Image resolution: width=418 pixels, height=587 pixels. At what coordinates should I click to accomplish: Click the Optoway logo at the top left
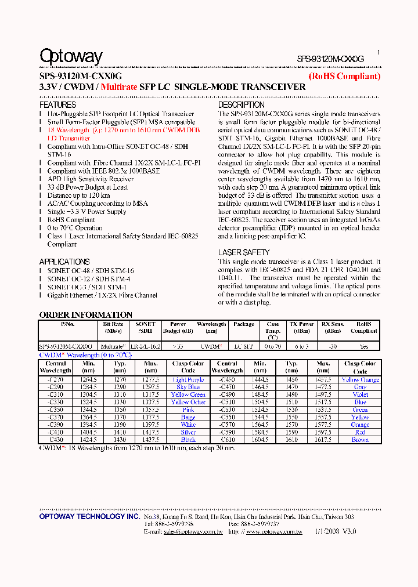[x=71, y=56]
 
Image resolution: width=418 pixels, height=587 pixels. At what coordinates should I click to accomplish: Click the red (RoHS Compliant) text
[x=344, y=76]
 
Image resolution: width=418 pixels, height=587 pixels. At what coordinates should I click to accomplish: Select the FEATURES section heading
[x=57, y=105]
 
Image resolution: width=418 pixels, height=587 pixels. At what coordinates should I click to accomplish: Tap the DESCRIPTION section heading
[x=241, y=105]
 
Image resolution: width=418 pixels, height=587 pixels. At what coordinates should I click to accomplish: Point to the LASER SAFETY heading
[x=244, y=252]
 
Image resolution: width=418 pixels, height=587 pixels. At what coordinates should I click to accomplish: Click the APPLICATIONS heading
[x=64, y=262]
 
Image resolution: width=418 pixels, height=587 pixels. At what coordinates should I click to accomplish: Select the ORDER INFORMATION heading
[x=85, y=315]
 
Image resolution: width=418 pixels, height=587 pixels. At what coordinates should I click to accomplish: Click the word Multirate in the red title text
[x=119, y=87]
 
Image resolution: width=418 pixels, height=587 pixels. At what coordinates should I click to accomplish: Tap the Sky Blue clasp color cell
[x=188, y=387]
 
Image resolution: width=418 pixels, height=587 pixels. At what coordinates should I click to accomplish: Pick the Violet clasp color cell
[x=360, y=394]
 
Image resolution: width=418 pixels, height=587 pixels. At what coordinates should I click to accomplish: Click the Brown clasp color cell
[x=360, y=440]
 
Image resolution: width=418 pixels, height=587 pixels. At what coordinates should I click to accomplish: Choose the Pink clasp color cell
[x=188, y=410]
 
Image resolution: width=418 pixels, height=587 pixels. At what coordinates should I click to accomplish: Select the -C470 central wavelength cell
[x=227, y=387]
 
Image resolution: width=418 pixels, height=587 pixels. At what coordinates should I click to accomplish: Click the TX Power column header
[x=302, y=328]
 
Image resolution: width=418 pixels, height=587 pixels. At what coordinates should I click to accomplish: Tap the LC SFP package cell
[x=244, y=346]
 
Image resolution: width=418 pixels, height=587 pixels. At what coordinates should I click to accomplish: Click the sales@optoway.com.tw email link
[x=193, y=531]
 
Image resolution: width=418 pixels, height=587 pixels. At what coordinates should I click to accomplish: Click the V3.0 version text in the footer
[x=349, y=531]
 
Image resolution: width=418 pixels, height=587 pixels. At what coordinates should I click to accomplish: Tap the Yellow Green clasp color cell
[x=188, y=394]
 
